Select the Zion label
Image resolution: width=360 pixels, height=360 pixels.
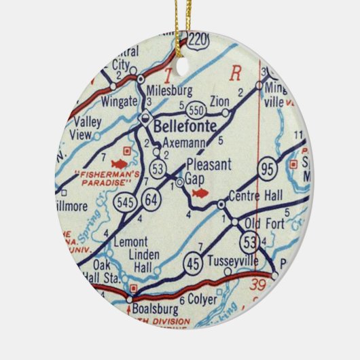click(219, 101)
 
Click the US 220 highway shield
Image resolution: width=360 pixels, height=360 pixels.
click(198, 39)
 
